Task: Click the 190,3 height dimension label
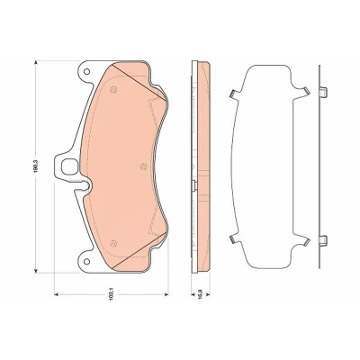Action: coord(36,166)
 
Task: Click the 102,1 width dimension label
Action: coord(112,294)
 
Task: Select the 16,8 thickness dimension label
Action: coord(202,294)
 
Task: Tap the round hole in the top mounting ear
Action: coord(86,72)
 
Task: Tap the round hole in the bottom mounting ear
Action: coord(86,261)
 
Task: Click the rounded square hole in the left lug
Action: coord(68,166)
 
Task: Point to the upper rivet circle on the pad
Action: coord(113,89)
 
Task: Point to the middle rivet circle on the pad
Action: coord(143,166)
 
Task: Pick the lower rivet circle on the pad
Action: coord(113,243)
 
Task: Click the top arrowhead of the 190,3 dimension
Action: coord(36,63)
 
